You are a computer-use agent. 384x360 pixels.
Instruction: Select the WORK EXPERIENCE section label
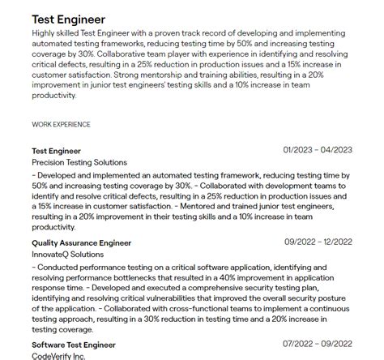click(61, 125)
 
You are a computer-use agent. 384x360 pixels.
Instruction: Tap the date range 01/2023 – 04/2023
click(318, 150)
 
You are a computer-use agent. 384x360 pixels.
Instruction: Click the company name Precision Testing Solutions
click(79, 162)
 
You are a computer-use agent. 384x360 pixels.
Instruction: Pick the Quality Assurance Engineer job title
click(81, 242)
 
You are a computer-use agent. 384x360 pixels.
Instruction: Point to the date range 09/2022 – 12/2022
click(318, 242)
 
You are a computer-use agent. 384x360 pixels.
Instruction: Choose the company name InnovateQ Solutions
click(67, 255)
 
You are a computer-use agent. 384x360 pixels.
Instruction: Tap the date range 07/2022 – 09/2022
click(318, 345)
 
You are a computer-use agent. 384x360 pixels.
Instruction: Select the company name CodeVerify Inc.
click(58, 356)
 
